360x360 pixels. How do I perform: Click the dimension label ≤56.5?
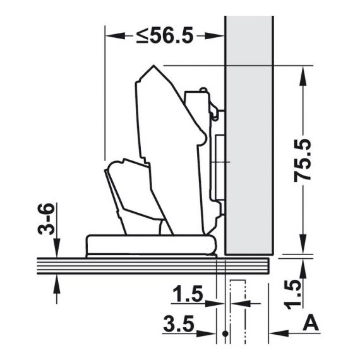[165, 36]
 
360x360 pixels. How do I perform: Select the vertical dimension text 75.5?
[303, 160]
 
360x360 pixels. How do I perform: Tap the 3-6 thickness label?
[46, 219]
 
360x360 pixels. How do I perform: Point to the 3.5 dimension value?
[179, 324]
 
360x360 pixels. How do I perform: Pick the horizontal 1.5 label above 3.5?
[188, 294]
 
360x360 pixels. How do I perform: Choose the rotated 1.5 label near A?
[292, 294]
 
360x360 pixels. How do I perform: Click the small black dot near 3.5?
[225, 333]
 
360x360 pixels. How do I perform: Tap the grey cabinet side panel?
[249, 135]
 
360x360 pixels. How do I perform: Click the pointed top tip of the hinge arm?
[153, 66]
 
